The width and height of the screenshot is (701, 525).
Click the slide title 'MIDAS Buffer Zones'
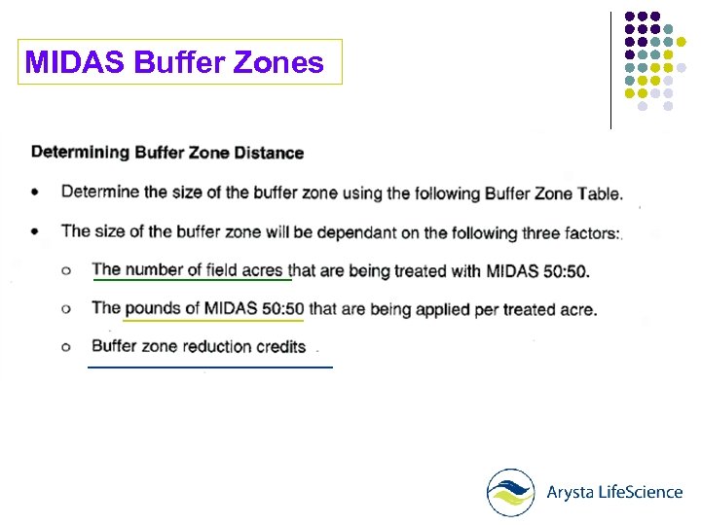(x=174, y=63)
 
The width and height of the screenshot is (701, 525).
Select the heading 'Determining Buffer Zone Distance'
(x=167, y=153)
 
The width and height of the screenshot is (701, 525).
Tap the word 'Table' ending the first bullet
(x=598, y=193)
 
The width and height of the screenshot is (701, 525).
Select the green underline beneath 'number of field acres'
(x=192, y=280)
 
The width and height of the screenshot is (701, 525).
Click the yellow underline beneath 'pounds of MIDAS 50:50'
(x=213, y=319)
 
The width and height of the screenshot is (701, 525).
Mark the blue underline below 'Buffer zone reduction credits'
(x=209, y=367)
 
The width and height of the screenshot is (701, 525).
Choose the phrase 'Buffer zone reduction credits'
(x=199, y=346)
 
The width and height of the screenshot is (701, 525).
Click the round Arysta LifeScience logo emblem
(x=511, y=492)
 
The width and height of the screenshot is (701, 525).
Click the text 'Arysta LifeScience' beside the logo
(x=613, y=492)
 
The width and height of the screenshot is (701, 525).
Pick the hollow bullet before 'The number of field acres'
(x=66, y=271)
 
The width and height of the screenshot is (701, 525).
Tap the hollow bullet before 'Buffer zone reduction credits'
(x=66, y=347)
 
